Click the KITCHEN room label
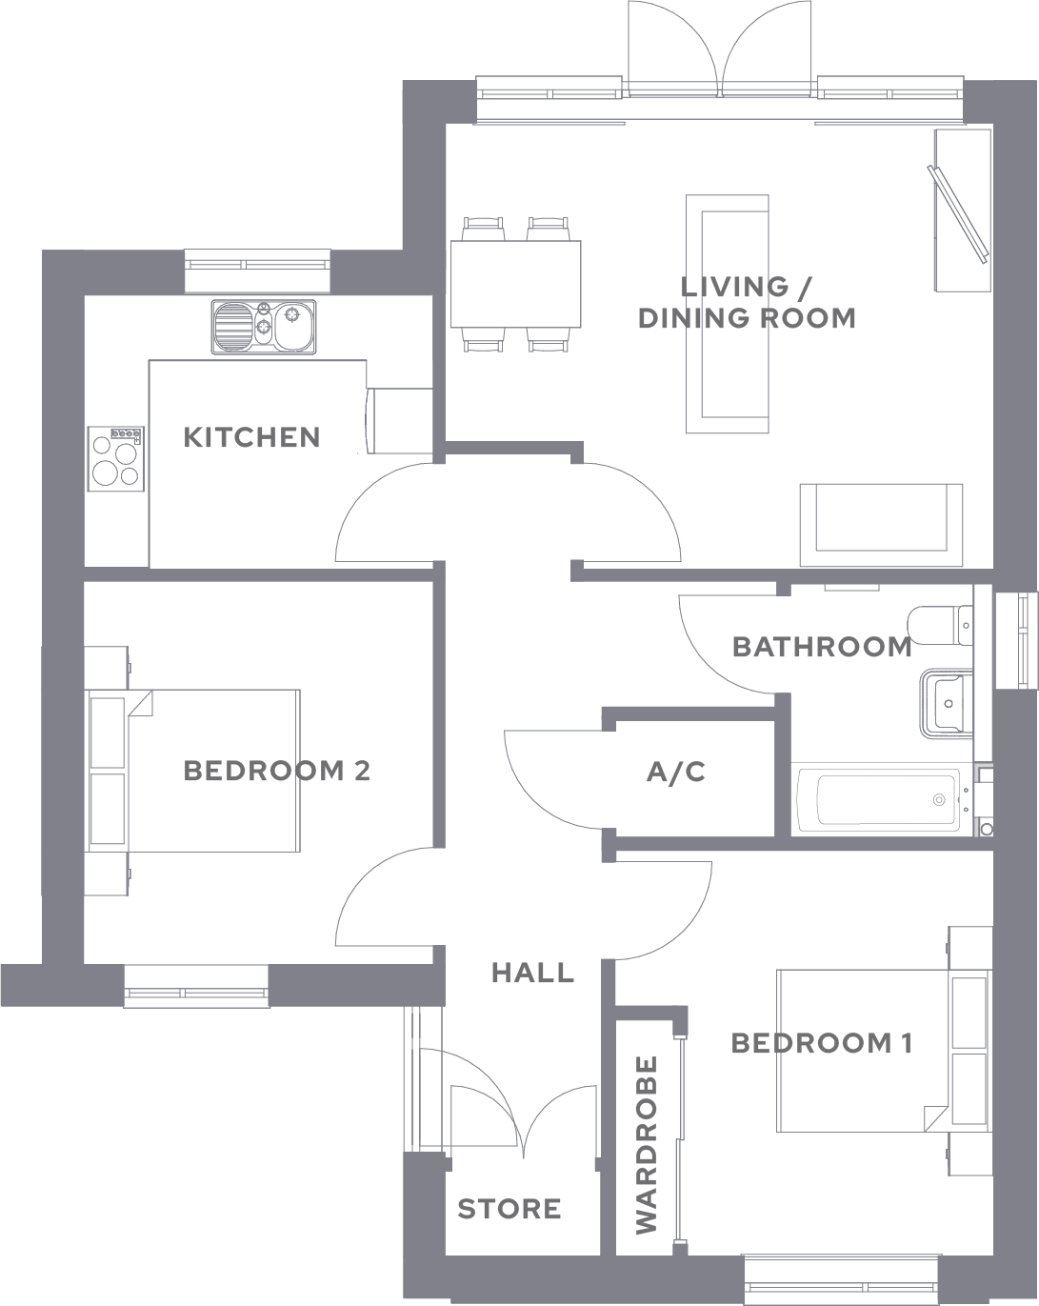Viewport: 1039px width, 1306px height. tap(251, 437)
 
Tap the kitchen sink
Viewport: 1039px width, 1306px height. tap(263, 327)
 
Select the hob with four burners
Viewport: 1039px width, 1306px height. tap(116, 459)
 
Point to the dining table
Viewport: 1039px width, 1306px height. tap(515, 284)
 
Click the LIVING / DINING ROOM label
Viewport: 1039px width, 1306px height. tap(747, 302)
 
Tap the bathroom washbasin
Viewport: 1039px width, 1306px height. tap(947, 704)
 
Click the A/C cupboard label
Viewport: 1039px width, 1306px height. tap(676, 772)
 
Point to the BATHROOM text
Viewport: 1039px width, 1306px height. tap(822, 647)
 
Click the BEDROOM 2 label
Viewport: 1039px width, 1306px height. tap(276, 771)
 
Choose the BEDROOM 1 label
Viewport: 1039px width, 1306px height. tap(822, 1043)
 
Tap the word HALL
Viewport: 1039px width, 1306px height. tap(532, 973)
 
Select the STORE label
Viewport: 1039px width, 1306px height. tap(510, 1209)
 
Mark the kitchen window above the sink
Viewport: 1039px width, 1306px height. tap(257, 270)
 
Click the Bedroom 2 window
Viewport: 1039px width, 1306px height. tap(196, 986)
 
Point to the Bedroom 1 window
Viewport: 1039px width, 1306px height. tap(841, 1278)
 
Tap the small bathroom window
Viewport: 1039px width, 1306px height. tap(1016, 640)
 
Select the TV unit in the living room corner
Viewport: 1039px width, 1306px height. tap(962, 211)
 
